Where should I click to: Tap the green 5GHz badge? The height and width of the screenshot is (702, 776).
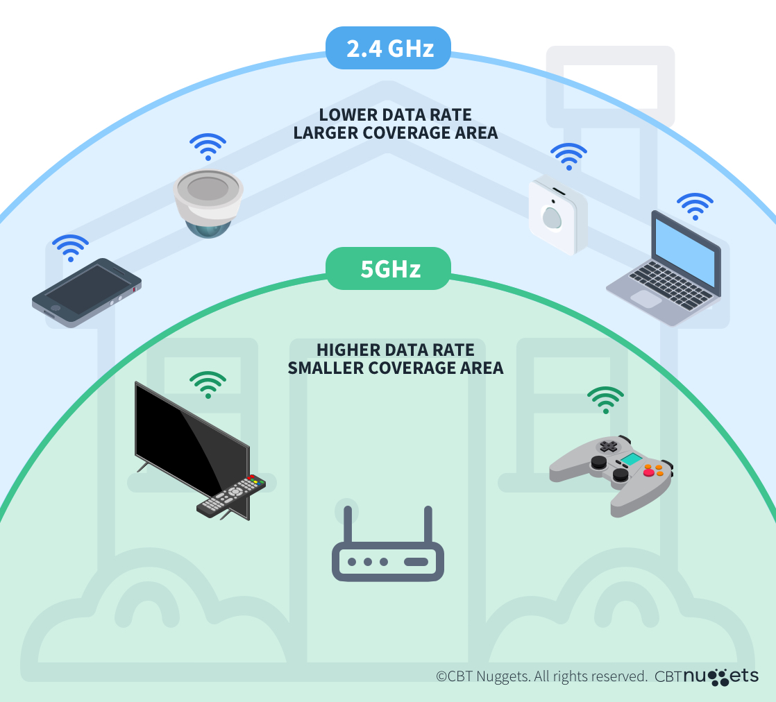[389, 268]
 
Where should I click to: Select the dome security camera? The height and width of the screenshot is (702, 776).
[208, 202]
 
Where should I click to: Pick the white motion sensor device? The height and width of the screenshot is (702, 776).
[557, 216]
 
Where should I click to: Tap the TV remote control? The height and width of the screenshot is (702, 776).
[231, 495]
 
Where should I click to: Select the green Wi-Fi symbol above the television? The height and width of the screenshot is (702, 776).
[208, 384]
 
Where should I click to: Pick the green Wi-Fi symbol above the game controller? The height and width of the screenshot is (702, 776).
[605, 400]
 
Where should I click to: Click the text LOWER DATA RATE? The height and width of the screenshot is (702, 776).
[395, 115]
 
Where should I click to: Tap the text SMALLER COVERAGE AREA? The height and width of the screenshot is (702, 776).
[395, 368]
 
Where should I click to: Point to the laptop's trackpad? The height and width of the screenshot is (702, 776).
[646, 299]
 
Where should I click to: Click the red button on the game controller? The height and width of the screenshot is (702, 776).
[649, 472]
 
